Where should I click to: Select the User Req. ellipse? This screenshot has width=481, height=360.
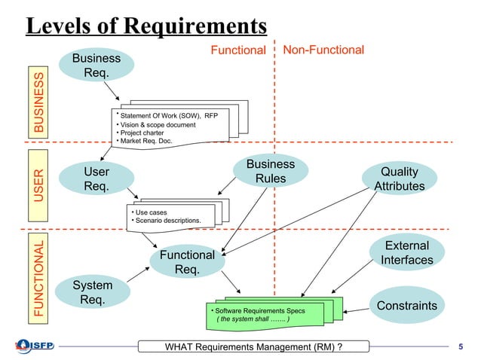point(97,180)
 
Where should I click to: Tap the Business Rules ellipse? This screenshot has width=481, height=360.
point(271,172)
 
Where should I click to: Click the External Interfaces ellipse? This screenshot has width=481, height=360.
point(407,253)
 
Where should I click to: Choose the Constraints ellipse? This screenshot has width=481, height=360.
point(407,305)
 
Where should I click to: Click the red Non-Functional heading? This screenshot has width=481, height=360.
point(323,50)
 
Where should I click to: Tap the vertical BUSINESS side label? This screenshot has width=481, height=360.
point(38,104)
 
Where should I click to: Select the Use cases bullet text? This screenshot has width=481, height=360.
point(151,212)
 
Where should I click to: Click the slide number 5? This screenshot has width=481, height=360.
point(461,346)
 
